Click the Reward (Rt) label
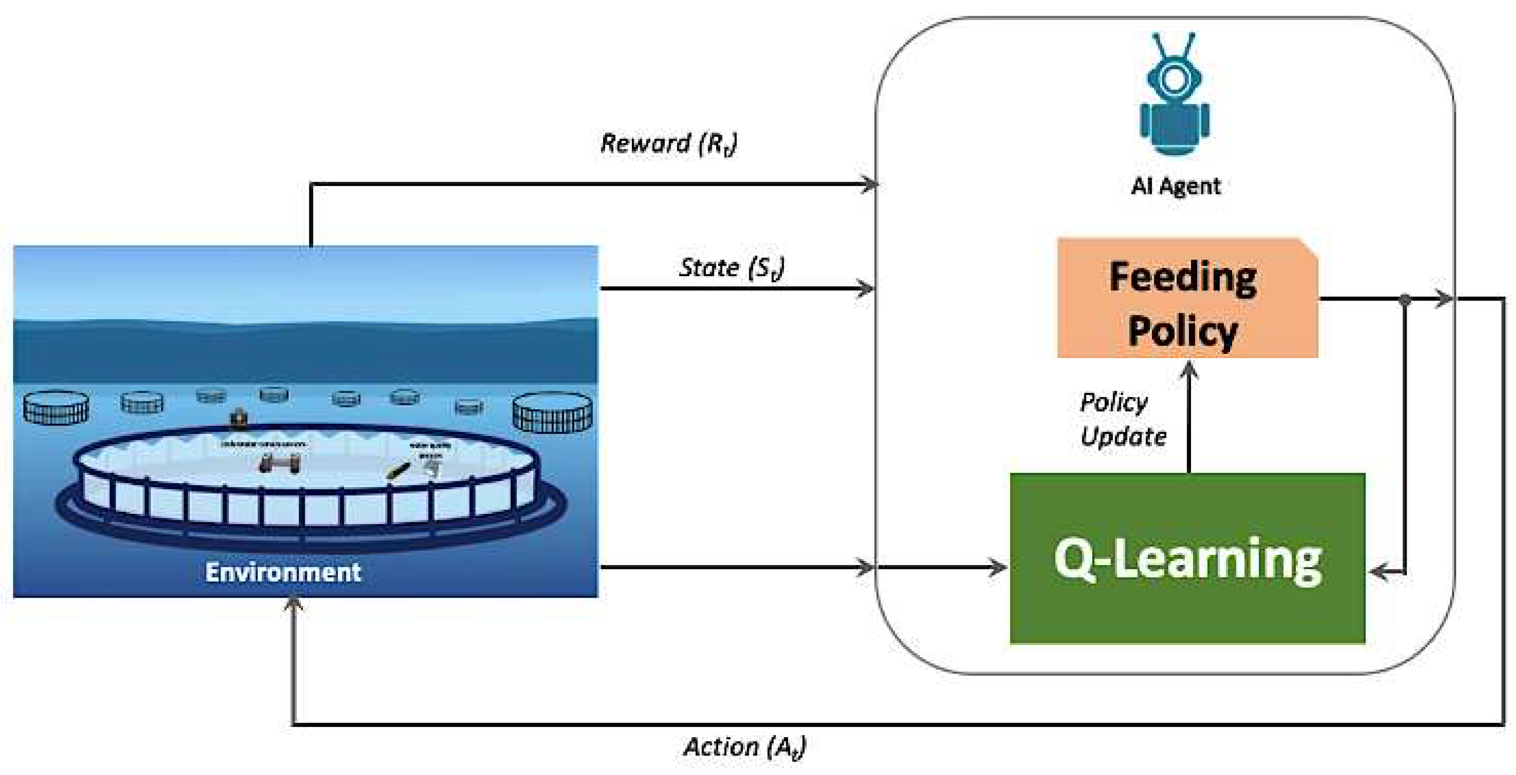coord(668,143)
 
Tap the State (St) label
coord(731,268)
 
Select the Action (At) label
coord(744,747)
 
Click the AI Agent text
coord(1175,186)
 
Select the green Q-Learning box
coord(1186,559)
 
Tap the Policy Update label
coord(1122,419)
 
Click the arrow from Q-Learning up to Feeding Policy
coord(1189,417)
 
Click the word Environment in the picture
coord(282,572)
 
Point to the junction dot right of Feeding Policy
coord(1405,300)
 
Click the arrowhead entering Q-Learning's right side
coord(1378,571)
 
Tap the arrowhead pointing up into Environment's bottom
coord(293,603)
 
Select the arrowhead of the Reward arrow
coord(870,184)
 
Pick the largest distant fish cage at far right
coord(552,411)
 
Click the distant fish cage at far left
coord(56,407)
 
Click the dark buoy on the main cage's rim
coord(239,417)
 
